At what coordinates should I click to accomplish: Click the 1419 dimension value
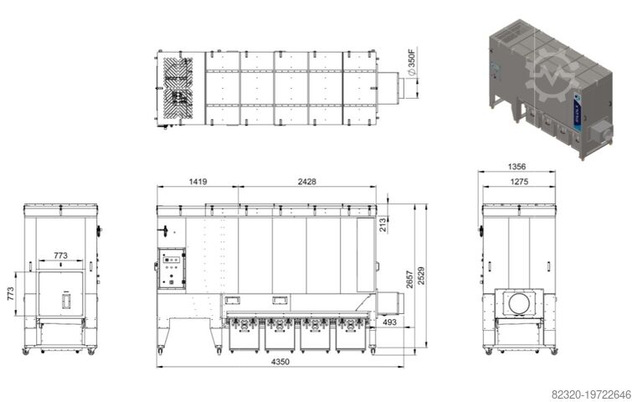(198, 180)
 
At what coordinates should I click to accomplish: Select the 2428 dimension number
(306, 180)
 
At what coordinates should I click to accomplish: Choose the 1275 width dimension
(520, 180)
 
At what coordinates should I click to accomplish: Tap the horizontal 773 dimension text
(61, 254)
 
